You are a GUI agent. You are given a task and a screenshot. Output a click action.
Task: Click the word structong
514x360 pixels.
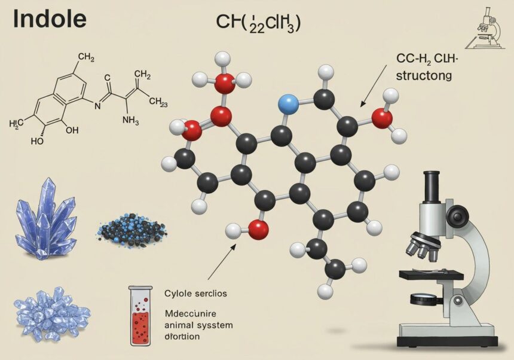(x=422, y=76)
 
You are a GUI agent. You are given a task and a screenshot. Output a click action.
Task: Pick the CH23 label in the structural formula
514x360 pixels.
(x=157, y=102)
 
